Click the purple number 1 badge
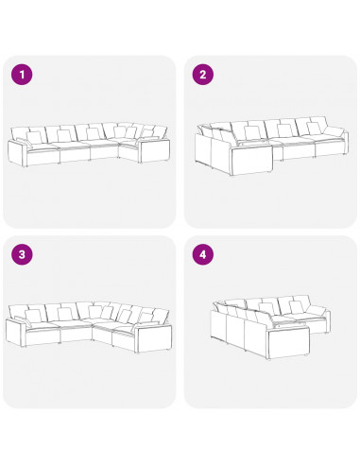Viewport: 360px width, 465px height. (x=22, y=75)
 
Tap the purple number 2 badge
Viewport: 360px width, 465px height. (x=203, y=75)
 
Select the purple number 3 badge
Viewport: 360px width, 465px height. (x=22, y=254)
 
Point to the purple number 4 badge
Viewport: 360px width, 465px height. (x=203, y=254)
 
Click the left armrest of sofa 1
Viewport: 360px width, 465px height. (x=18, y=152)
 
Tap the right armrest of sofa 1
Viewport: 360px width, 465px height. (x=154, y=150)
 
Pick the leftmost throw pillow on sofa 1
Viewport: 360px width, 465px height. (x=34, y=138)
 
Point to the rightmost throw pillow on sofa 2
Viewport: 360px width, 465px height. (x=315, y=129)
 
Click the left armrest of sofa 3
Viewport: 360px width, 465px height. (x=16, y=333)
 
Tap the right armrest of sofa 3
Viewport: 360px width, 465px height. (x=154, y=338)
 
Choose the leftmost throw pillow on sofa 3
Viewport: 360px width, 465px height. (x=33, y=316)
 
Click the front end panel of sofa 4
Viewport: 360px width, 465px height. (x=288, y=343)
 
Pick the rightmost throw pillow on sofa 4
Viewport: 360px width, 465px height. (x=296, y=307)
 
